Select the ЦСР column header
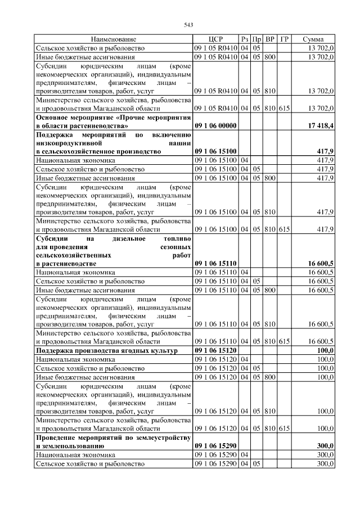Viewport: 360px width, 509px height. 215,39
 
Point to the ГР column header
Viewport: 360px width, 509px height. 284,39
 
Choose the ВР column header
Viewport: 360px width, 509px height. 269,39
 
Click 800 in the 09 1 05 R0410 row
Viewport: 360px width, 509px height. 269,57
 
